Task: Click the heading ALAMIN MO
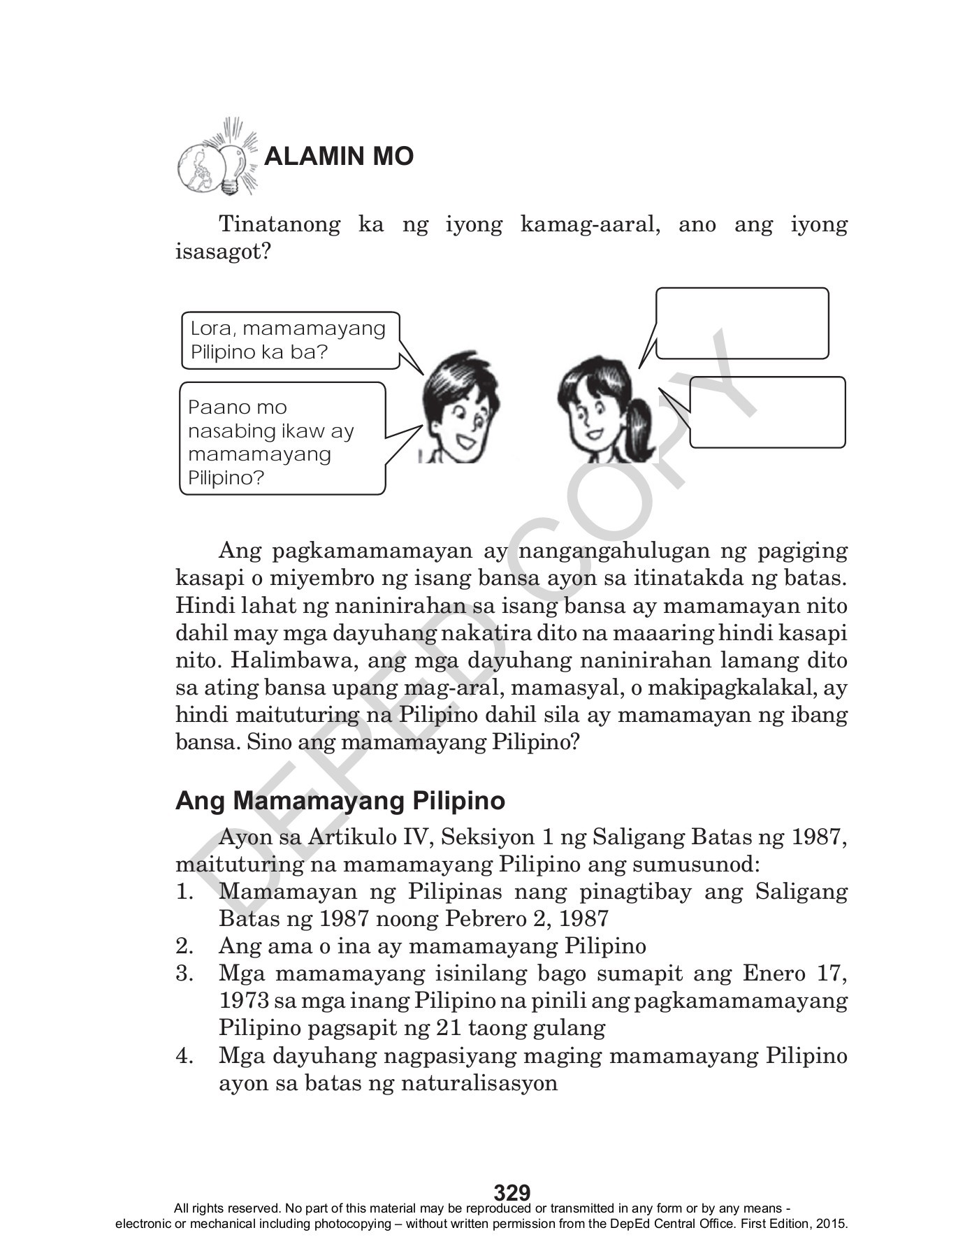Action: coord(339,157)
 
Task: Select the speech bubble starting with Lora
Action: coord(289,340)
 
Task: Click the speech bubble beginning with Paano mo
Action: coord(282,439)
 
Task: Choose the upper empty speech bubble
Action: coord(741,323)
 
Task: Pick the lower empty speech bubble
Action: coord(767,412)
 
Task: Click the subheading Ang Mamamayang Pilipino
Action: coord(340,801)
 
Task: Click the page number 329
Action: coord(512,1192)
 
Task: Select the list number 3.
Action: coord(184,974)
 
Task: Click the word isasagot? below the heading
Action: coord(222,252)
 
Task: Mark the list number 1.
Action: coord(184,892)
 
